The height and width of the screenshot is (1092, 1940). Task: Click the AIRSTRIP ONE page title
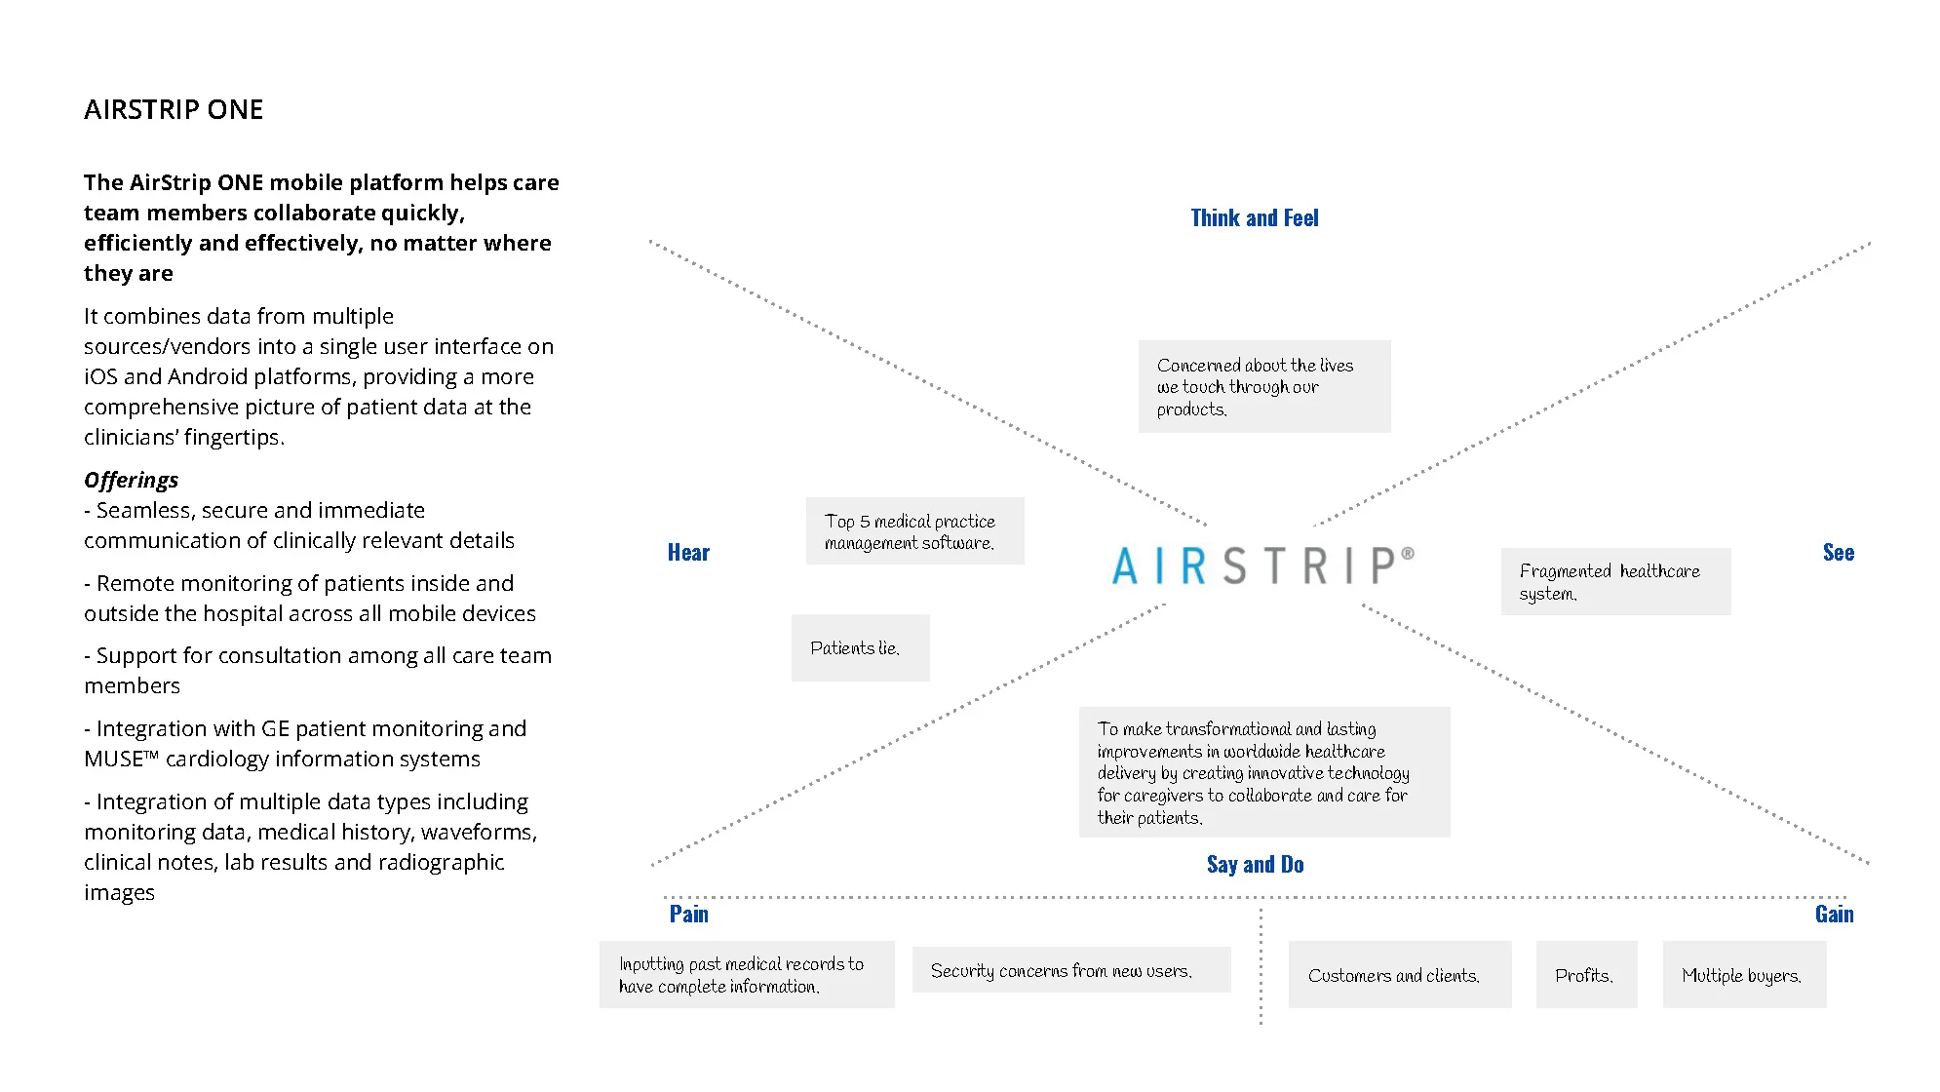(174, 109)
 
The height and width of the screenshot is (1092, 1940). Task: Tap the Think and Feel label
(1254, 218)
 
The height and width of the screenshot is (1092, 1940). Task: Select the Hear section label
(688, 553)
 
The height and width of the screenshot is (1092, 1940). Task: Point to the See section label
(1838, 553)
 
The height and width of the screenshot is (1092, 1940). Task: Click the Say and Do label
(1255, 865)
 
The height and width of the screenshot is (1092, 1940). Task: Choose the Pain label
(688, 915)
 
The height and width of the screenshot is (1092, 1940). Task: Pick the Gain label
(1834, 915)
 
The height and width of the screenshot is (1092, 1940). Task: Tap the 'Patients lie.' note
(860, 648)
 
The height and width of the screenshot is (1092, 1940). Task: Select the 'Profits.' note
(1585, 975)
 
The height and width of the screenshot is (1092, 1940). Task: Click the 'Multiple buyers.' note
(1743, 975)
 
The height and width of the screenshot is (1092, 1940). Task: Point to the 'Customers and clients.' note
(1398, 975)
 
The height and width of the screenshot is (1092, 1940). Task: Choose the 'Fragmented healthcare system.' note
(1614, 582)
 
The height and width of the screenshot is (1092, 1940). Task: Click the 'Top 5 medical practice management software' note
(913, 531)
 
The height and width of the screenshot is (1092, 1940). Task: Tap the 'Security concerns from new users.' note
(1069, 970)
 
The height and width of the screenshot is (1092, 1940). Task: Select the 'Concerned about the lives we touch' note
(1263, 387)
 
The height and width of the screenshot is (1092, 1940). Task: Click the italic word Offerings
(131, 480)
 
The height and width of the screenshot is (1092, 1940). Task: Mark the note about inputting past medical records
(746, 975)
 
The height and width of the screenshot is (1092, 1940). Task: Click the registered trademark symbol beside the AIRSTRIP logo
(1407, 554)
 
